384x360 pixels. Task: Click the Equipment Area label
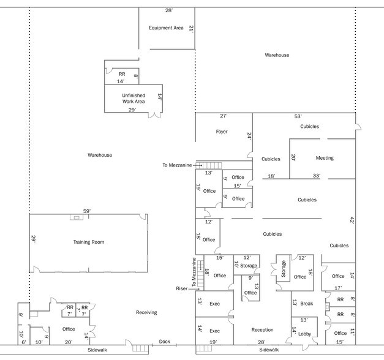click(166, 28)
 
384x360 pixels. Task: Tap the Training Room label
click(88, 242)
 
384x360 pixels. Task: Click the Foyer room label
click(221, 132)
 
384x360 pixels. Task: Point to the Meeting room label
click(325, 158)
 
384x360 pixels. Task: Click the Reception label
click(262, 330)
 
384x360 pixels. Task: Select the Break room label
click(307, 304)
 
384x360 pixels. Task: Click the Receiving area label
click(146, 312)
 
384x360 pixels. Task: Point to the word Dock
click(164, 342)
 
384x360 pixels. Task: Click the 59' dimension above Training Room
click(87, 211)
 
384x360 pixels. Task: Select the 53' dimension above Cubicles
click(298, 116)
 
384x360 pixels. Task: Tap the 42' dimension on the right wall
click(352, 220)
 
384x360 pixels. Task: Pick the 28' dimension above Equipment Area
click(168, 10)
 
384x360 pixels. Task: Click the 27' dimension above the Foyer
click(224, 116)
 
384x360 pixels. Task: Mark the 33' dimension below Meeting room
click(317, 176)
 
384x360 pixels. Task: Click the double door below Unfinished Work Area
click(156, 114)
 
